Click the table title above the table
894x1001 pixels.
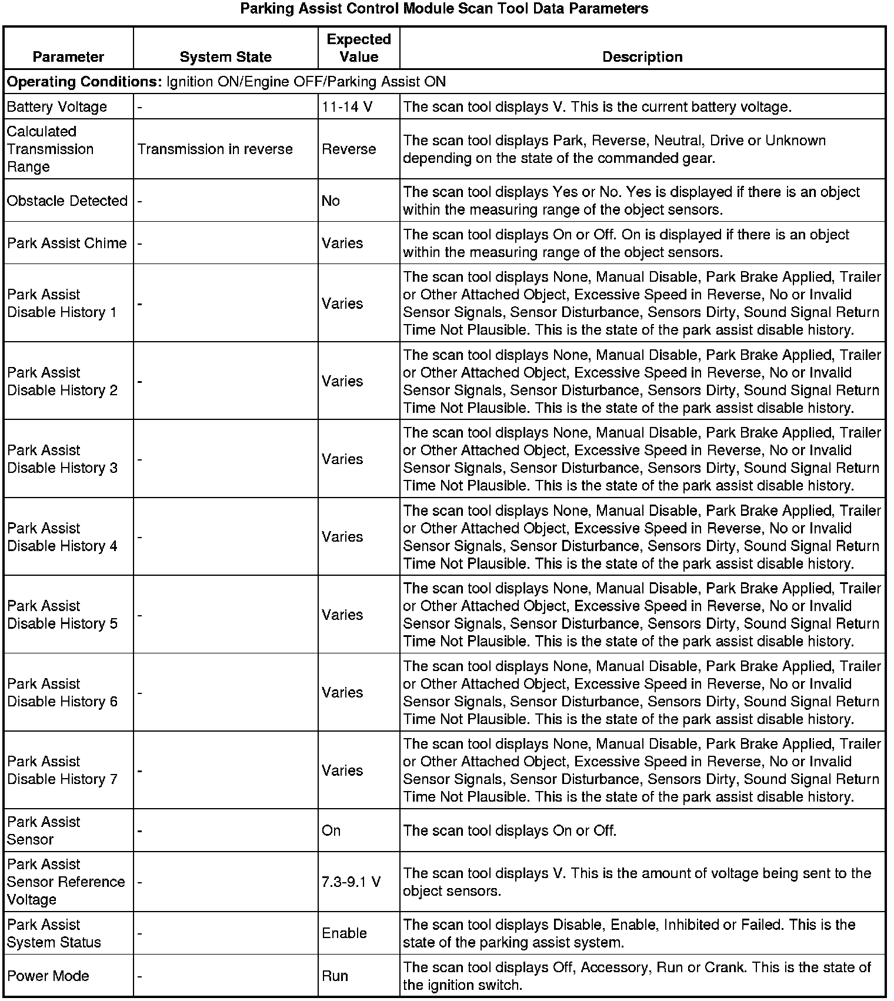[445, 9]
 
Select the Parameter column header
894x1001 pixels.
[68, 57]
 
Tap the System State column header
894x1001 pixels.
[225, 57]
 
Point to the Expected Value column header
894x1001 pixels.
[359, 48]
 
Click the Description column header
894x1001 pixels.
[642, 57]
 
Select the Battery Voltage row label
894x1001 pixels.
[57, 107]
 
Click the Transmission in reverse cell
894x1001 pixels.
[215, 149]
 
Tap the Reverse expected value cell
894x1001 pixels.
[349, 149]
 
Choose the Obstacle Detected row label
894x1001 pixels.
[67, 201]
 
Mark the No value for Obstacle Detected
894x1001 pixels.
[331, 201]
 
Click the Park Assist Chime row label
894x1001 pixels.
[67, 243]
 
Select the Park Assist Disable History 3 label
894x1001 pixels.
[62, 459]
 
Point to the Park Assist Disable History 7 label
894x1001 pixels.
[62, 770]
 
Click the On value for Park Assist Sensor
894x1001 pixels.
[331, 830]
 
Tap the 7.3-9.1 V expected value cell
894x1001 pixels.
[351, 882]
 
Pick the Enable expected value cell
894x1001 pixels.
[345, 933]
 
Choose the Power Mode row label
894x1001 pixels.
[48, 976]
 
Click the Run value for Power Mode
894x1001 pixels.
[335, 976]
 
